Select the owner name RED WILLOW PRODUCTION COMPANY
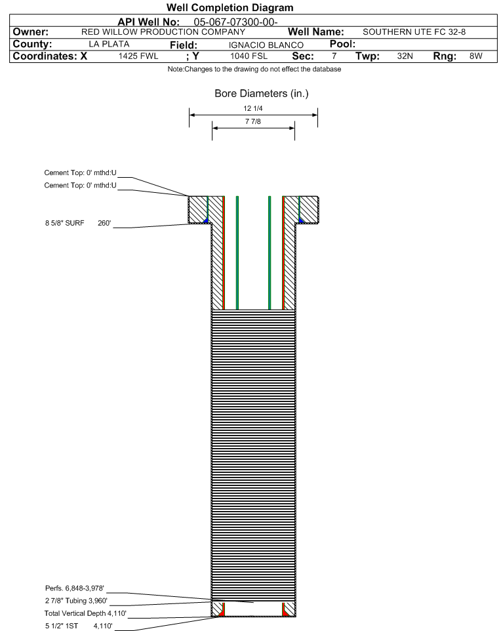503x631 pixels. [x=163, y=32]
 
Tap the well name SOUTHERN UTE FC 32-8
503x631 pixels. [x=414, y=32]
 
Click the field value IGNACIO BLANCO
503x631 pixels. [x=260, y=45]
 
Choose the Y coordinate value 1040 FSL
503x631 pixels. [x=249, y=56]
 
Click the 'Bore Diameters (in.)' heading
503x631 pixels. [x=261, y=94]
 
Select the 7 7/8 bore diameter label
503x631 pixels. [x=253, y=121]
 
